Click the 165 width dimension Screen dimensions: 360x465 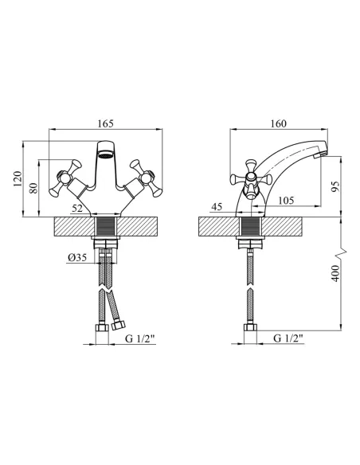tap(106, 123)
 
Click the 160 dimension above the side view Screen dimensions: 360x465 tap(279, 123)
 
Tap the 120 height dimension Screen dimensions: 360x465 tap(18, 179)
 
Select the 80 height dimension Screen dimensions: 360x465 tap(34, 189)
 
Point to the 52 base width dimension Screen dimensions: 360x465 tap(77, 209)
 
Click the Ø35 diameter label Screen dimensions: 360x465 tap(77, 258)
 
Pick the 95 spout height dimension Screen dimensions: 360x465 tap(335, 187)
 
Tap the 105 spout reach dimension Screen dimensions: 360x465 tap(286, 201)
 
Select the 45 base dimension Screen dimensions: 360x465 tap(217, 207)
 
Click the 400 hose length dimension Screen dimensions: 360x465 tap(335, 273)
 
